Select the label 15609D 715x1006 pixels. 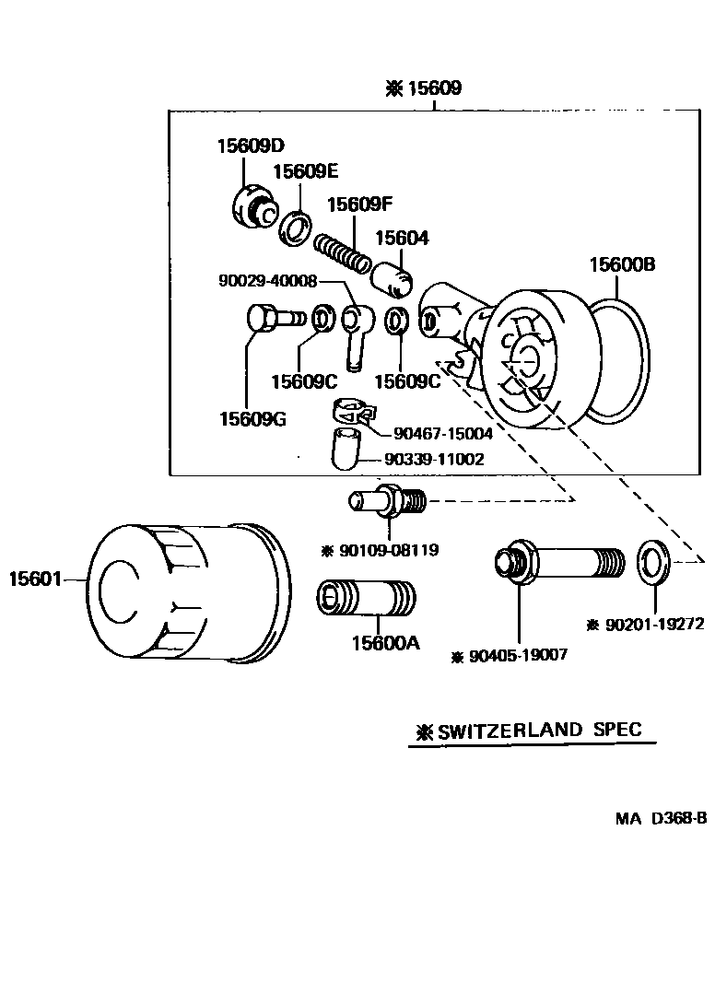[x=251, y=145]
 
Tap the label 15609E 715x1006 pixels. [x=305, y=171]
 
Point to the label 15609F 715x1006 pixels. [x=360, y=204]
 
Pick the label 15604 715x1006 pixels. [x=401, y=238]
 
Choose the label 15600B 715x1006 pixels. [x=622, y=265]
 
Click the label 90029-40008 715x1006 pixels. [x=267, y=281]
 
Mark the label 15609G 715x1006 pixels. [x=252, y=419]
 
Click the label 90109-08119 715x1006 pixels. [x=388, y=551]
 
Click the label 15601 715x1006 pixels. [x=34, y=579]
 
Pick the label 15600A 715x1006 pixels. [x=384, y=643]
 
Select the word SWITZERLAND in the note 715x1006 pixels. [x=510, y=731]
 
